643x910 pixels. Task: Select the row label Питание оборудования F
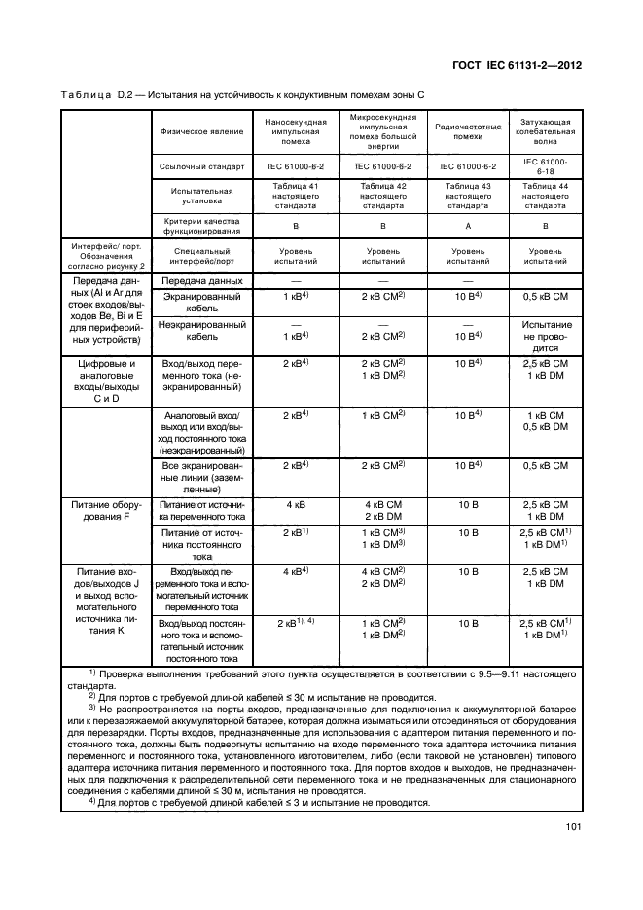(x=104, y=511)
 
